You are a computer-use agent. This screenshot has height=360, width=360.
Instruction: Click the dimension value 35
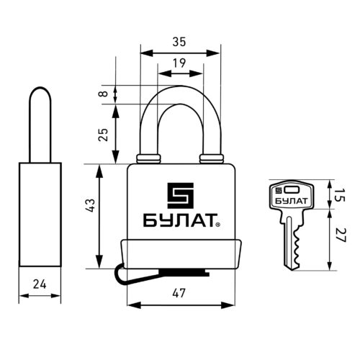pyautogui.click(x=179, y=42)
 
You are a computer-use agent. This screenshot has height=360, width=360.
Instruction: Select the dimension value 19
pyautogui.click(x=179, y=63)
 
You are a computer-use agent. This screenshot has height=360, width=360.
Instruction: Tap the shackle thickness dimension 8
pyautogui.click(x=104, y=94)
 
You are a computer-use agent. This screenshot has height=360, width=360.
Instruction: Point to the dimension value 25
pyautogui.click(x=104, y=135)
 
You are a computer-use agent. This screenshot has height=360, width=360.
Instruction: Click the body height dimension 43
pyautogui.click(x=91, y=206)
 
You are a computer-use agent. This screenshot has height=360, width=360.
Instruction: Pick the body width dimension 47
pyautogui.click(x=179, y=293)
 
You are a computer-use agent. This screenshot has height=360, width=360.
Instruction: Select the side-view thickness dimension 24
pyautogui.click(x=40, y=284)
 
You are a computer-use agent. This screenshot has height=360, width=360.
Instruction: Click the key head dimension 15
pyautogui.click(x=340, y=195)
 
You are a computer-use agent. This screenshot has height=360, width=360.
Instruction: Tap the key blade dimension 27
pyautogui.click(x=340, y=235)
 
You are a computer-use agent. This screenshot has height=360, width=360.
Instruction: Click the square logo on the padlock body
pyautogui.click(x=181, y=196)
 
